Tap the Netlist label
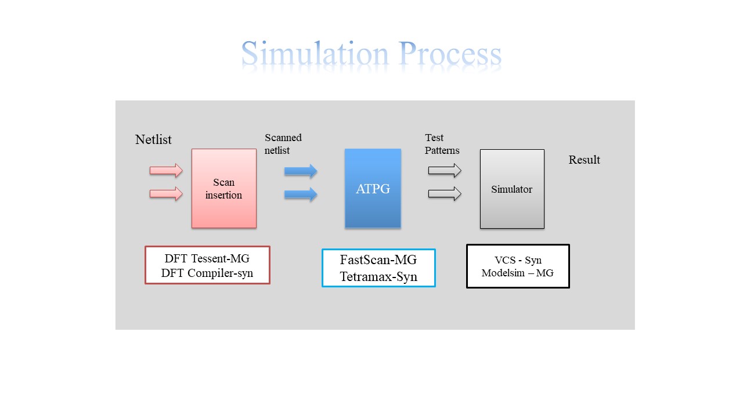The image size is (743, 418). pyautogui.click(x=153, y=139)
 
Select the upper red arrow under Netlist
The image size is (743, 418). pyautogui.click(x=166, y=171)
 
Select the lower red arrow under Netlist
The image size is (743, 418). pyautogui.click(x=166, y=193)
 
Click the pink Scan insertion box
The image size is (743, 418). pyautogui.click(x=223, y=189)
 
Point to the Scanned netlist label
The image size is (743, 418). pyautogui.click(x=283, y=144)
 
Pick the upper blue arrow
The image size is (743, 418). pyautogui.click(x=301, y=171)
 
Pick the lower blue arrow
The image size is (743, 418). pyautogui.click(x=301, y=194)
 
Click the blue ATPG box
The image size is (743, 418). pyautogui.click(x=373, y=189)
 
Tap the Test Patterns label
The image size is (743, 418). pyautogui.click(x=442, y=144)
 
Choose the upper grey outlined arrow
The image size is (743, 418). pyautogui.click(x=445, y=171)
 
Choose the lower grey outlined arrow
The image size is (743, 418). pyautogui.click(x=445, y=194)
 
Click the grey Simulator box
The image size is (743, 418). pyautogui.click(x=512, y=189)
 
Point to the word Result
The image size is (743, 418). pyautogui.click(x=584, y=160)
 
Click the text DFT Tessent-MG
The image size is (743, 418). pyautogui.click(x=207, y=259)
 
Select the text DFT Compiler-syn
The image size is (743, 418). pyautogui.click(x=207, y=273)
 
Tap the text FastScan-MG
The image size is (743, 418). pyautogui.click(x=378, y=260)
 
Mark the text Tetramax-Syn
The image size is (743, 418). pyautogui.click(x=378, y=276)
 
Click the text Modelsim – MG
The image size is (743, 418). pyautogui.click(x=517, y=273)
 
